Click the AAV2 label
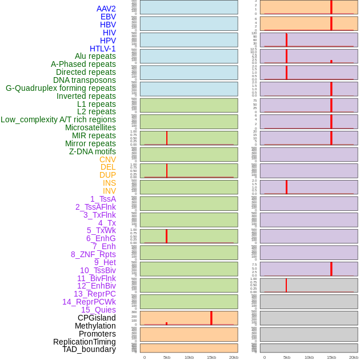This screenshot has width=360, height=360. point(106,9)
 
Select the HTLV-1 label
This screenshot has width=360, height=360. point(102,49)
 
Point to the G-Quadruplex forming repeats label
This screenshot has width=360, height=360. point(61,88)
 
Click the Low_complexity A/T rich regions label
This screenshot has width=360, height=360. point(58,119)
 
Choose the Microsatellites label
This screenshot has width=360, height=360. point(90,127)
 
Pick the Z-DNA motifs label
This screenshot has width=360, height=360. point(93,151)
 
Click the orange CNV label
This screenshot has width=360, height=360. point(107,159)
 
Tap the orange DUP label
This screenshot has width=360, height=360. point(107,175)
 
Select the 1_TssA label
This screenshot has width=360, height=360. point(103,199)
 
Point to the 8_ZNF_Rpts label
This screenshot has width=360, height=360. point(93,254)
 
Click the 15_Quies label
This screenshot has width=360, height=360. point(98,310)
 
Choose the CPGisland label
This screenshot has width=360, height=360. point(97,318)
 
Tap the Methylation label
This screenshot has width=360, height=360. point(95,326)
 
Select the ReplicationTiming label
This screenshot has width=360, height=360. point(84,342)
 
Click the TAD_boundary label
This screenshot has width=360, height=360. point(89,349)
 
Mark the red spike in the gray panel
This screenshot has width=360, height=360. point(286,285)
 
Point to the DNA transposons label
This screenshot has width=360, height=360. point(85,80)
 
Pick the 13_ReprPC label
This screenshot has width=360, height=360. point(94,294)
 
